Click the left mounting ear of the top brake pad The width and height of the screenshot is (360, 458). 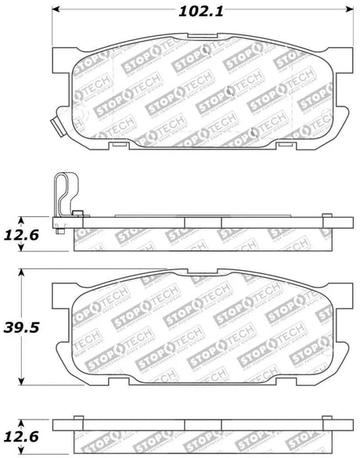63,58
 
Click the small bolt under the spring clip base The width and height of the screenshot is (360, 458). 60,230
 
